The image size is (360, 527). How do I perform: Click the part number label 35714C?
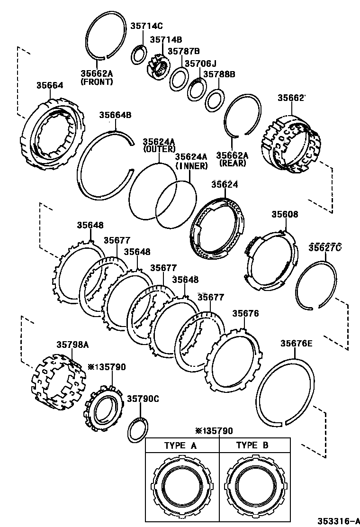pos(146,27)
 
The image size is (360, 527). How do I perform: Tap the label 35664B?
pos(115,115)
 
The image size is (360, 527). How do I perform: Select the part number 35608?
pos(285,214)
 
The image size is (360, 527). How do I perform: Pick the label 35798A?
pos(72,345)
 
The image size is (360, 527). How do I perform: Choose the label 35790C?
pos(143,399)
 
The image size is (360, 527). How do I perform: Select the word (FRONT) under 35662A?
pos(97,82)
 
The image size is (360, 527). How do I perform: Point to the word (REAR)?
pos(232,163)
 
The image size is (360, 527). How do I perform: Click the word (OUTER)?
pos(159,149)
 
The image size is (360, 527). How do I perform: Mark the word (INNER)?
pos(191,166)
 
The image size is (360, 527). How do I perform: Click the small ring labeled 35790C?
pos(138,427)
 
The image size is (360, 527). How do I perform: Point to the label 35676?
pos(245,314)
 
